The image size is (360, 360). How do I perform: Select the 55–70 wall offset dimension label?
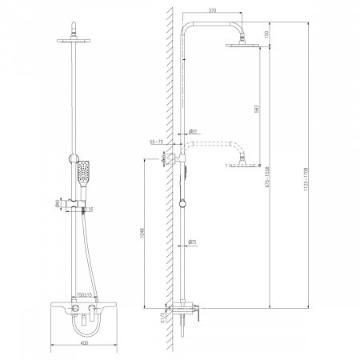pos(157,142)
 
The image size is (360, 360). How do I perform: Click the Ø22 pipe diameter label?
pos(192,132)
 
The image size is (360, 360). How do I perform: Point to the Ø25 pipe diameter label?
pos(192,242)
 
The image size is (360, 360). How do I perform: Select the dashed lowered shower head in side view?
pos(242,165)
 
